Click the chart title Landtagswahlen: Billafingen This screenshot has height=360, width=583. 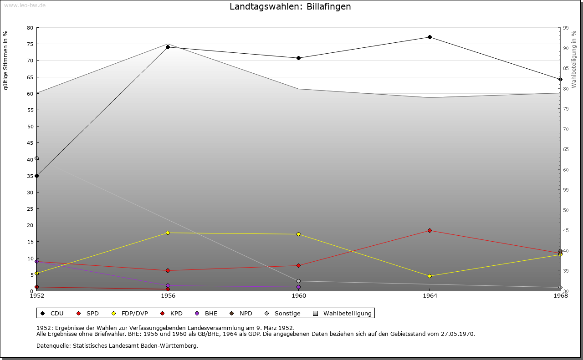(290, 7)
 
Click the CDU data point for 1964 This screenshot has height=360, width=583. (430, 37)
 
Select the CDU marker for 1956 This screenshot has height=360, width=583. (168, 47)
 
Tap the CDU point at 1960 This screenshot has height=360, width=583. (298, 58)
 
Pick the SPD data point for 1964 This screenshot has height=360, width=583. (430, 230)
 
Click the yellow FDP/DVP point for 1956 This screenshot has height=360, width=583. (168, 233)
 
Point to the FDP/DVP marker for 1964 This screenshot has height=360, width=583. (430, 276)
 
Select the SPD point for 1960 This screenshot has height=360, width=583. (298, 265)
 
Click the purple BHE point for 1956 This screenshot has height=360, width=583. (168, 286)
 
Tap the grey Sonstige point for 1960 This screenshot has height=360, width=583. (298, 281)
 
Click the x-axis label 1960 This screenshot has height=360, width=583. (298, 296)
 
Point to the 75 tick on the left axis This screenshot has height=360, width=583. (30, 44)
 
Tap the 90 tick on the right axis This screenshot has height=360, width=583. (566, 48)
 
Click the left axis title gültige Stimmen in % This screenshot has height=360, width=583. (6, 60)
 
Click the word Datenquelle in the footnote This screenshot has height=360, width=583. (51, 345)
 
